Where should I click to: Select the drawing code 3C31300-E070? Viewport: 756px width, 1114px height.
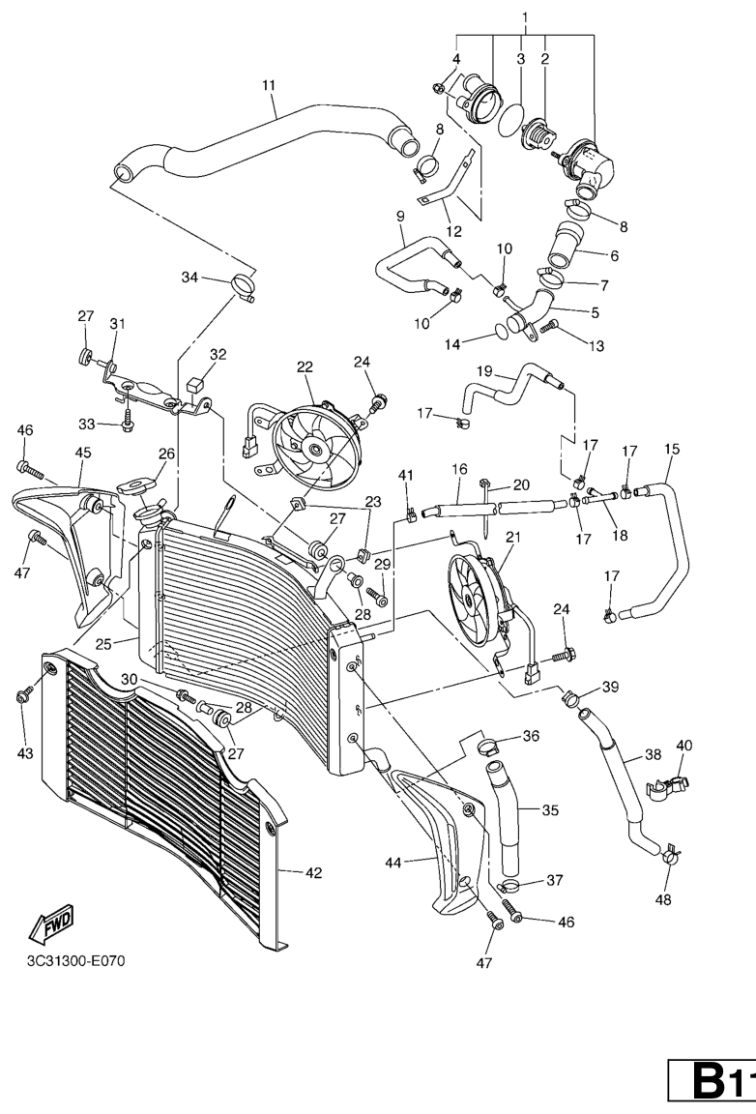76,961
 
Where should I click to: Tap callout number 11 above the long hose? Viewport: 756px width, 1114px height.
269,85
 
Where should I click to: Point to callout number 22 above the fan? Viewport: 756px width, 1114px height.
305,367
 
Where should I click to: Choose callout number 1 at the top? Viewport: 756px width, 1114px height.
525,17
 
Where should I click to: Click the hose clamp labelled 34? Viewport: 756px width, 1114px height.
243,284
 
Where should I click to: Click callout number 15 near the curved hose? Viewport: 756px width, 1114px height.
672,449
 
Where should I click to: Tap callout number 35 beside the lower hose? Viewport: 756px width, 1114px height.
550,809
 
